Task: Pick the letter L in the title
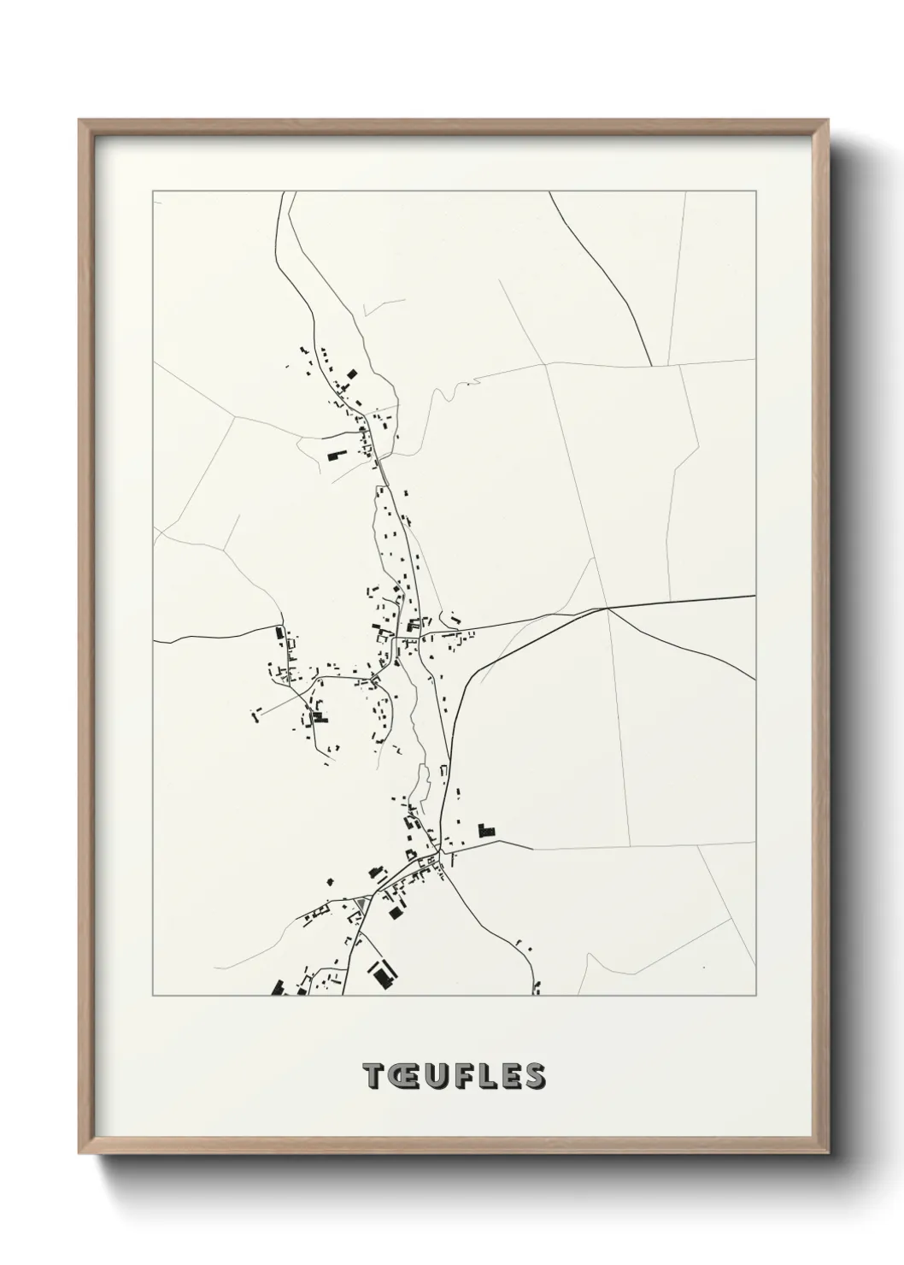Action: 488,1077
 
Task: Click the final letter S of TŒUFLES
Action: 535,1077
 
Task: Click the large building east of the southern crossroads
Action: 486,829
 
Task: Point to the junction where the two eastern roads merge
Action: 607,609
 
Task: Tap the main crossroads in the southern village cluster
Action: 437,854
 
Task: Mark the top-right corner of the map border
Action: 756,191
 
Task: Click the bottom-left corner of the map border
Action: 153,996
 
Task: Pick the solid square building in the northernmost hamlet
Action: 350,373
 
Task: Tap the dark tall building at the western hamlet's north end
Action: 279,633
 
